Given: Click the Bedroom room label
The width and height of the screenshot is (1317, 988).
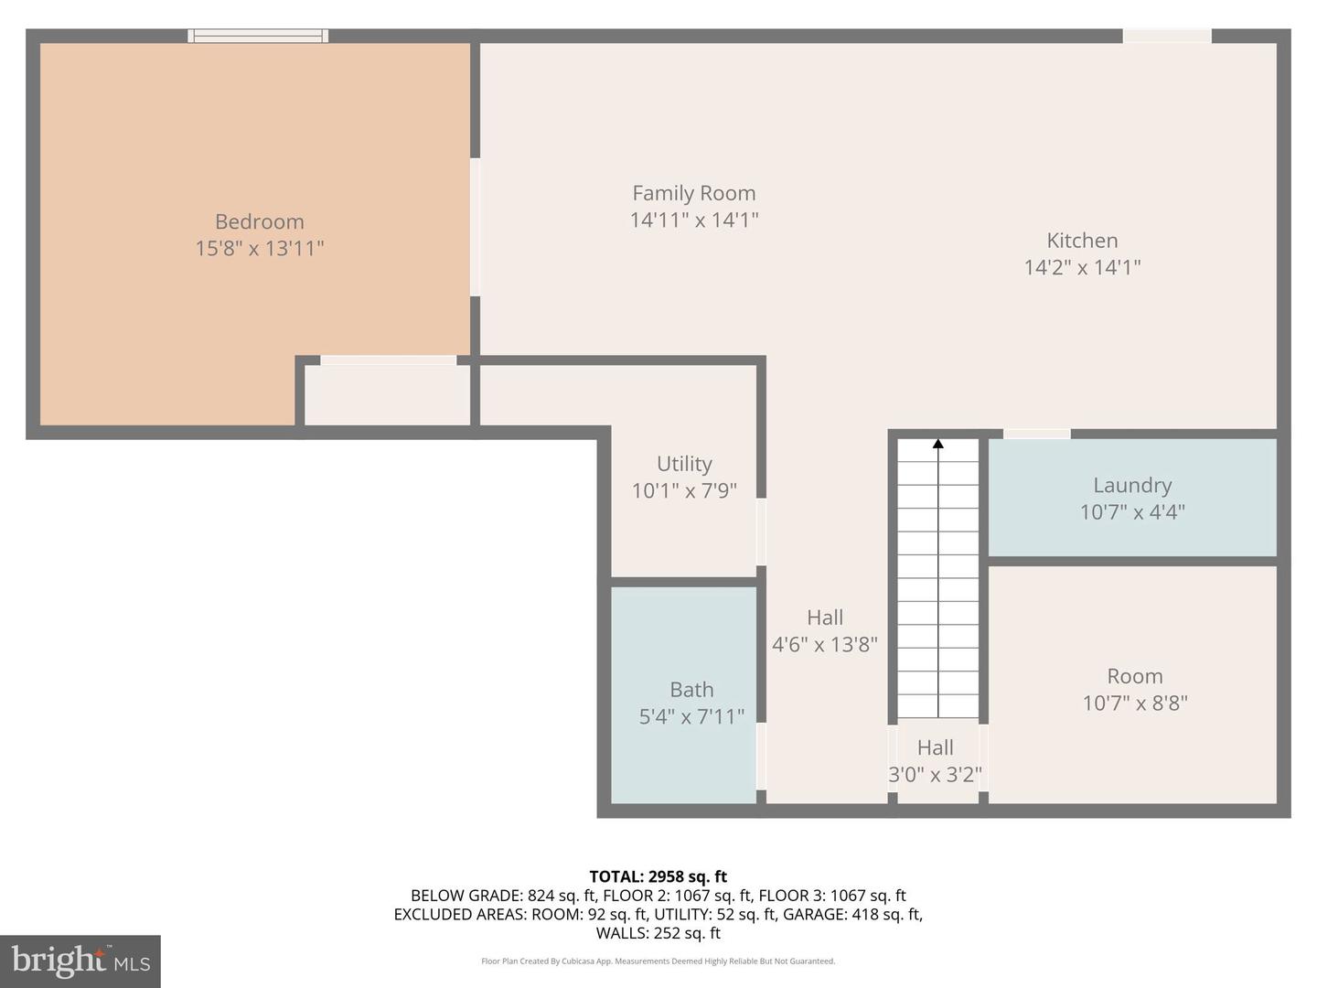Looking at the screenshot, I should (259, 221).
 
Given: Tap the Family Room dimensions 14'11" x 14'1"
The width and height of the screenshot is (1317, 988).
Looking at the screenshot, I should (694, 220).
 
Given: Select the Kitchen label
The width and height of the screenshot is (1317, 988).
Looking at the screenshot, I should (1082, 241).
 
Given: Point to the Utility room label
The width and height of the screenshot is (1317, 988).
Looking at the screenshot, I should (684, 464).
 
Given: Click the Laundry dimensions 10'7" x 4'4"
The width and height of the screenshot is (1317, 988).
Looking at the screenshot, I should (1132, 511).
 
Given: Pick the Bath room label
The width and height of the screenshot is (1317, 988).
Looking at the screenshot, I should (691, 690).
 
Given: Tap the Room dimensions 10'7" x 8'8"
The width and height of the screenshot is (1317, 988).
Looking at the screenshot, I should (1135, 703).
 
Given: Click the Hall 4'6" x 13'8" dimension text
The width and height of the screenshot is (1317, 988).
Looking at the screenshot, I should (825, 644).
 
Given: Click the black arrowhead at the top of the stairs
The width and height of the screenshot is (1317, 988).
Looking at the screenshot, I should (937, 444).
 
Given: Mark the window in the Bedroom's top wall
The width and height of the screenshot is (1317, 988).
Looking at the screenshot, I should (258, 37).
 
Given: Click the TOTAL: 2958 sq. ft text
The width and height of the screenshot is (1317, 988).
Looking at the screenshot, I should (658, 876).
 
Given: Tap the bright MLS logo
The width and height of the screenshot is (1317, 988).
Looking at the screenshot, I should (80, 961).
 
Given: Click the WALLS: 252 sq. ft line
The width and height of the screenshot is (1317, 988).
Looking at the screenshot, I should (658, 933).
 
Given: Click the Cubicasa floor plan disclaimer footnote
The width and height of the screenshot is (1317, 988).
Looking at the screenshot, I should (658, 961).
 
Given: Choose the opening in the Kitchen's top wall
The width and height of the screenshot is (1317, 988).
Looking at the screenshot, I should (1166, 37).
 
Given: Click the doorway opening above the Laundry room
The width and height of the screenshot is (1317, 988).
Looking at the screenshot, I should (1036, 434).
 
